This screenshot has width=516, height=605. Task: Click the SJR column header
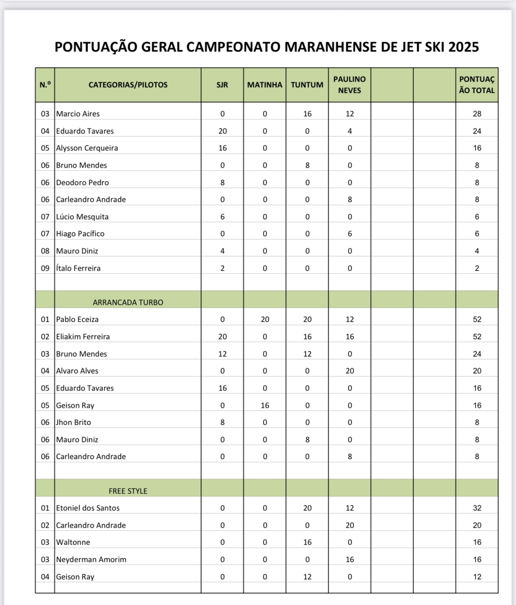click(x=222, y=85)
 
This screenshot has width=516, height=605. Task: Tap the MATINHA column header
click(x=264, y=85)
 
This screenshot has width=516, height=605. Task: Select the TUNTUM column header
click(x=307, y=85)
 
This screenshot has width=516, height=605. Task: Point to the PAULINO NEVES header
click(x=349, y=85)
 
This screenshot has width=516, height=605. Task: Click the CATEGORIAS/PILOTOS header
click(x=128, y=85)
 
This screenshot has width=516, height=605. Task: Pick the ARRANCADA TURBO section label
click(x=128, y=302)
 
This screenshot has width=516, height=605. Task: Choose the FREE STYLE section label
click(x=128, y=491)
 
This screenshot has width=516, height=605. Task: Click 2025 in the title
click(x=463, y=47)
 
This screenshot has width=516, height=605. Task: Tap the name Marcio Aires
click(x=78, y=114)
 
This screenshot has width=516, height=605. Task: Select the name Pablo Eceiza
click(x=77, y=319)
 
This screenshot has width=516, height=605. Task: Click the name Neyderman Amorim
click(x=91, y=560)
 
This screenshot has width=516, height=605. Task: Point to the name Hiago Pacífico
click(x=80, y=234)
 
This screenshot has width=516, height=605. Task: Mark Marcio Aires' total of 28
click(x=477, y=114)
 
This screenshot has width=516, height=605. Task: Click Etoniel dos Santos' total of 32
click(x=477, y=508)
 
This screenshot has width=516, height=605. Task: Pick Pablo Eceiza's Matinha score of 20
click(x=265, y=319)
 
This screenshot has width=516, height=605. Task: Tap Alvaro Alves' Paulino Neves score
click(x=350, y=371)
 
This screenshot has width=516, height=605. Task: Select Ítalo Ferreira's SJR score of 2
click(x=222, y=268)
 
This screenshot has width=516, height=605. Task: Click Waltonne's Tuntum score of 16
click(x=307, y=542)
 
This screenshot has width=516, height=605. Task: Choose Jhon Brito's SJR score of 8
click(x=222, y=422)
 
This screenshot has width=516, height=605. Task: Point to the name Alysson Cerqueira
click(x=87, y=148)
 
